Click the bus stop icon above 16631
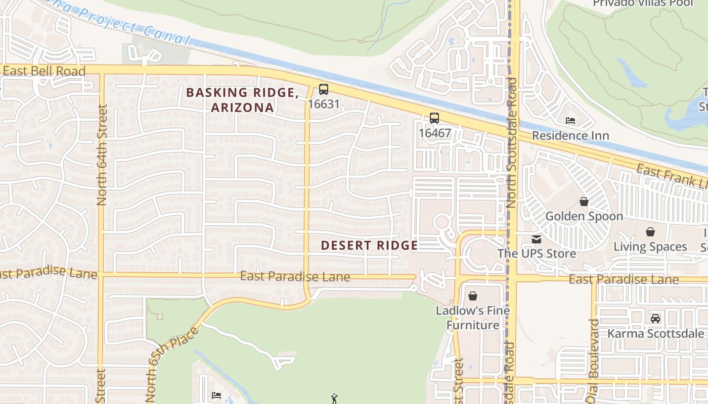click(323, 89)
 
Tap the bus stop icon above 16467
click(434, 118)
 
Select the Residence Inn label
click(570, 136)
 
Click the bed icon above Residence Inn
click(570, 121)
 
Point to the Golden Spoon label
click(584, 217)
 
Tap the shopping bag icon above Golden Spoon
click(584, 202)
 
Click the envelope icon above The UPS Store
click(536, 239)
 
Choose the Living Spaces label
click(650, 247)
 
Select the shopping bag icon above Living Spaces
click(650, 232)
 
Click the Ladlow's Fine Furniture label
click(473, 318)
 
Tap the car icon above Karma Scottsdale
click(655, 319)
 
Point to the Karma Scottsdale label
click(655, 334)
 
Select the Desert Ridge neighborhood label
click(369, 246)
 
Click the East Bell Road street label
click(44, 71)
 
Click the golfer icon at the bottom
click(334, 399)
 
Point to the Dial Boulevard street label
click(594, 361)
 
